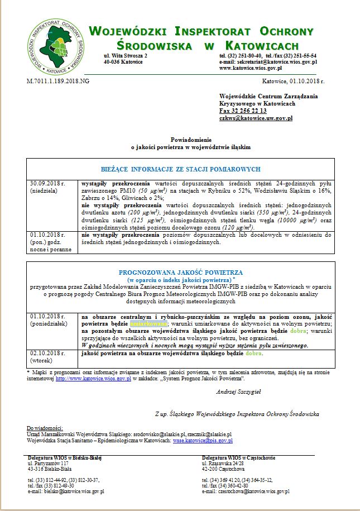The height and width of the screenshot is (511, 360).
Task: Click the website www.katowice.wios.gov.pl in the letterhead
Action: (251, 68)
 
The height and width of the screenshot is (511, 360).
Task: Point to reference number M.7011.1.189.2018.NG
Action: (58, 81)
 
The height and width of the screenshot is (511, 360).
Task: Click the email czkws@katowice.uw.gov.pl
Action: (256, 118)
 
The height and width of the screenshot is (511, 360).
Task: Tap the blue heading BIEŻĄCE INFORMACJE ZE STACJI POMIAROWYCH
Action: (181, 169)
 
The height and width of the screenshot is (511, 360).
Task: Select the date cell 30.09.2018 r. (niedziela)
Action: (46, 187)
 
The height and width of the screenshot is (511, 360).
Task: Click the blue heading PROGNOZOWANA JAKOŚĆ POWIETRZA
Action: (180, 272)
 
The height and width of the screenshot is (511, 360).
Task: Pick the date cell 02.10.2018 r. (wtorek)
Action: (46, 357)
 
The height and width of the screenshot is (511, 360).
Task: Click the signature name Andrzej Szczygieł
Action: (238, 391)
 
